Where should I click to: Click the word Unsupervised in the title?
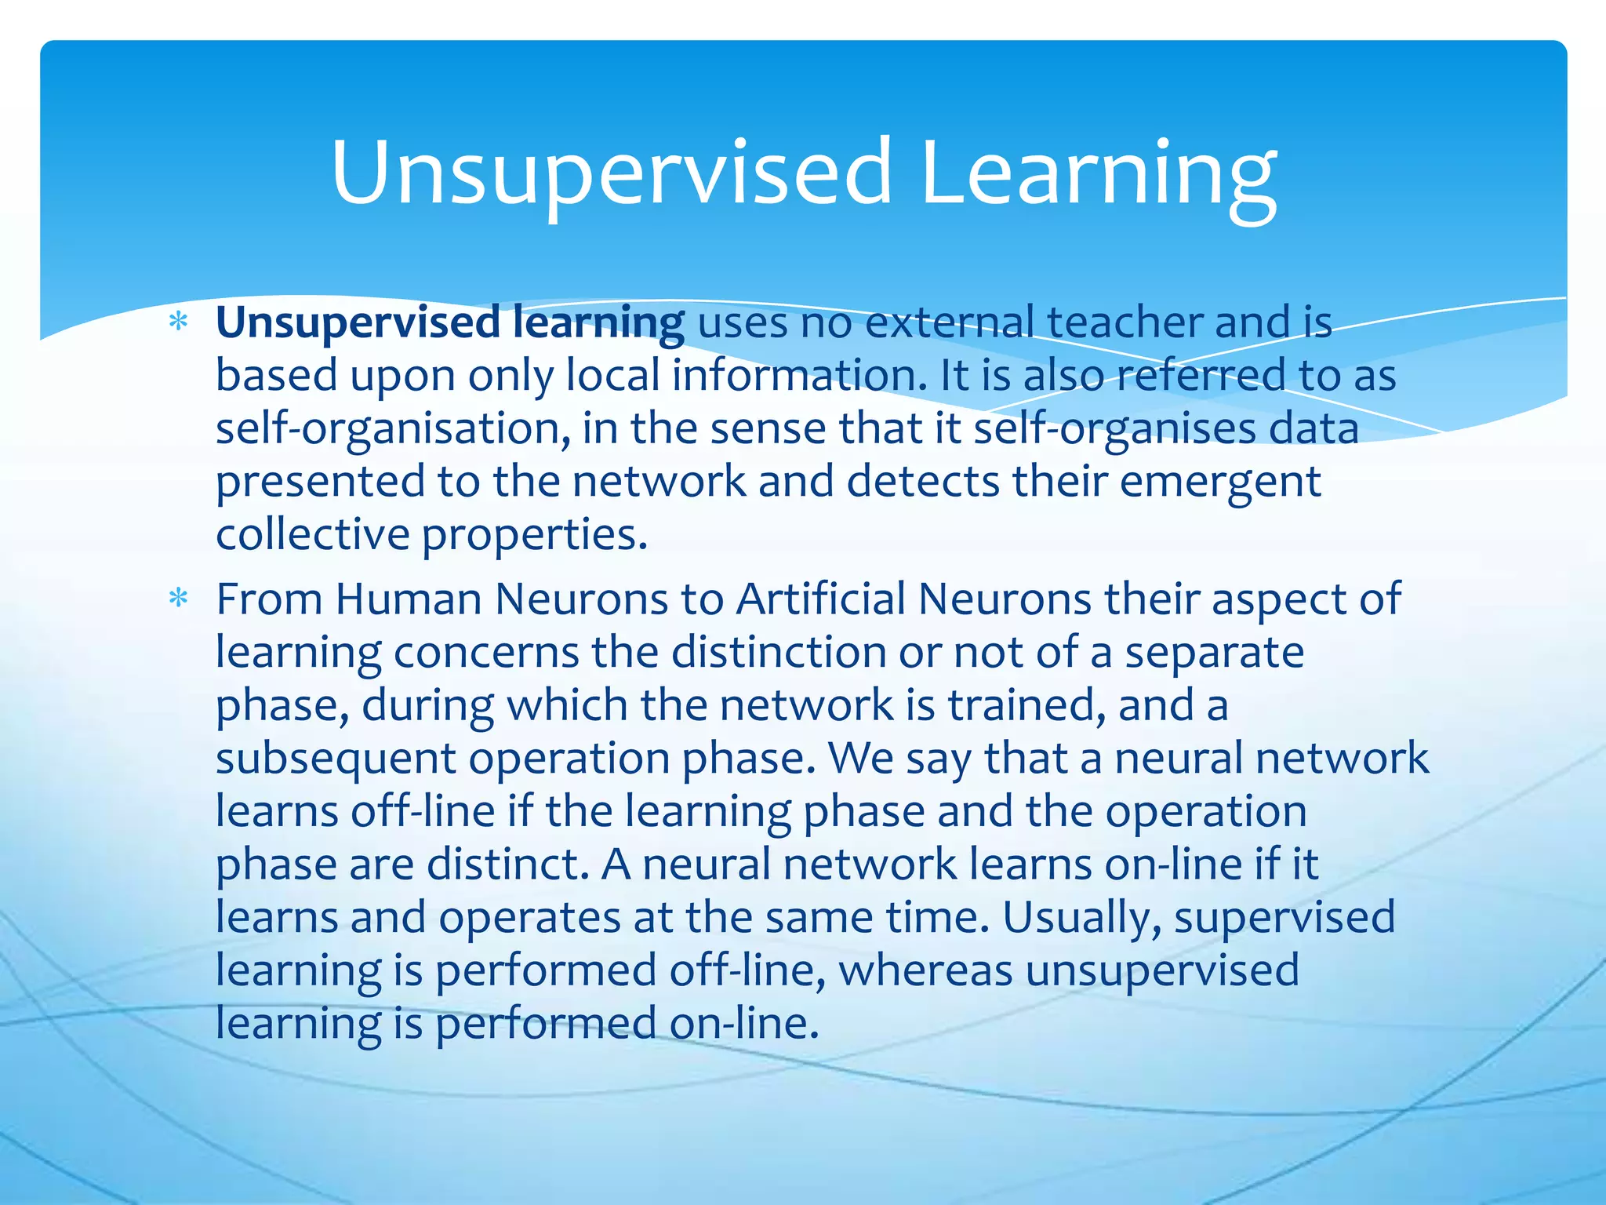coord(612,174)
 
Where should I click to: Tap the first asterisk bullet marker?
coord(179,322)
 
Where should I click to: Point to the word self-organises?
coord(1114,430)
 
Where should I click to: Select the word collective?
coord(312,535)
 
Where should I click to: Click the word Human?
coord(408,600)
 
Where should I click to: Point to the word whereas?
coord(925,970)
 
